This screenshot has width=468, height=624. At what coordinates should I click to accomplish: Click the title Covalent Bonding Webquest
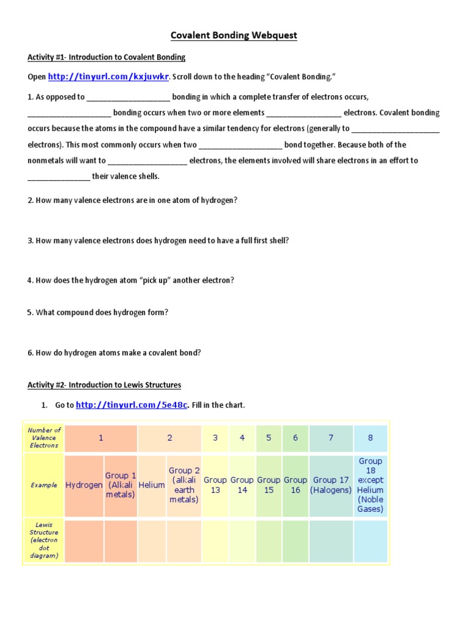[x=233, y=35]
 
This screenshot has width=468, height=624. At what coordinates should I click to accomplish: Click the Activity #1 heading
[x=106, y=57]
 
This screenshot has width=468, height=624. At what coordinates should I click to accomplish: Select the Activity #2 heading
[x=104, y=385]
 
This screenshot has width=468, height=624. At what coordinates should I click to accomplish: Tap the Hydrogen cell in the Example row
[x=84, y=485]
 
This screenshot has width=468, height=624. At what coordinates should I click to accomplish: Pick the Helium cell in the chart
[x=152, y=485]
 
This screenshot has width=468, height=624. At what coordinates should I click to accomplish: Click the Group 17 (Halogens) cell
[x=331, y=485]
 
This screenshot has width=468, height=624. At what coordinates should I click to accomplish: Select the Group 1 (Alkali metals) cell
[x=121, y=485]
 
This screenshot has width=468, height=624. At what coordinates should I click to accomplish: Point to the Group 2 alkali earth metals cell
[x=183, y=485]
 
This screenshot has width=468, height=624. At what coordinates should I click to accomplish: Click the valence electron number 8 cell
[x=370, y=438]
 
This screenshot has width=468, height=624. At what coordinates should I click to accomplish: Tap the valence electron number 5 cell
[x=269, y=438]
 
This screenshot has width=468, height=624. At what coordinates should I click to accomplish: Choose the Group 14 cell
[x=242, y=485]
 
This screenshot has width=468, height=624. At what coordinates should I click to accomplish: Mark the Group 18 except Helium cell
[x=370, y=485]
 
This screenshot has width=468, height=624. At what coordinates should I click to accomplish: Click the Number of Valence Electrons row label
[x=44, y=438]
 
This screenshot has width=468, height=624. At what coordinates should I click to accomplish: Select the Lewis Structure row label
[x=44, y=540]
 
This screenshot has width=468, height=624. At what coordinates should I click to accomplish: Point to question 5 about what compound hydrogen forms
[x=97, y=313]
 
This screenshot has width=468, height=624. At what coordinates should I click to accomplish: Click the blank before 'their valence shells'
[x=59, y=177]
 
